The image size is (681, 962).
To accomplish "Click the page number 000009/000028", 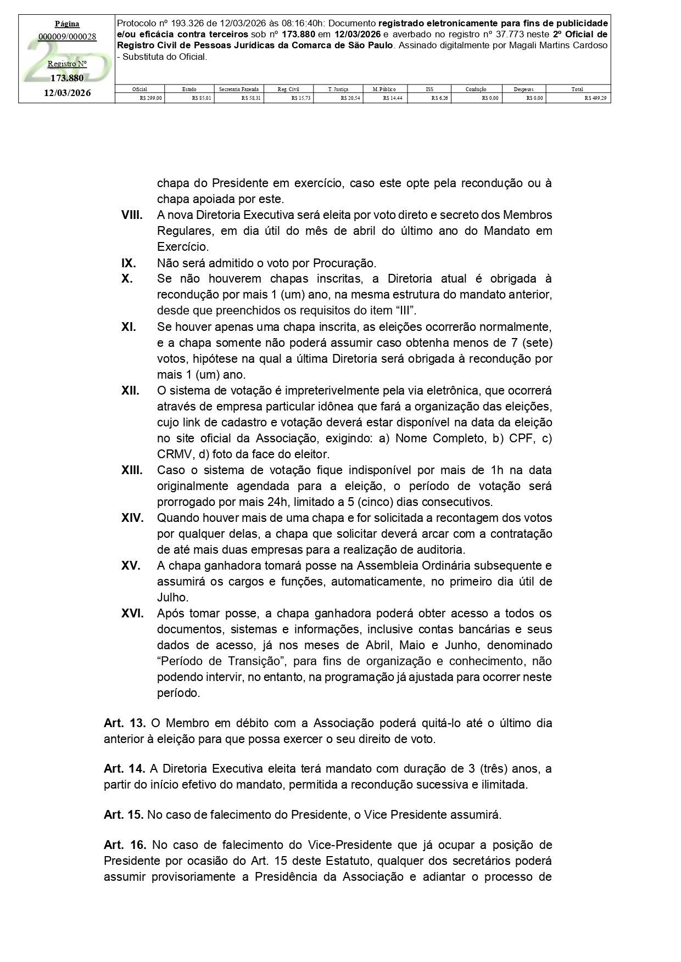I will [x=67, y=37].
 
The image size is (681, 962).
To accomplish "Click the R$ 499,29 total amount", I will [x=597, y=98].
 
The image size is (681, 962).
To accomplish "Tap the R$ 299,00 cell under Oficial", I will [x=151, y=98].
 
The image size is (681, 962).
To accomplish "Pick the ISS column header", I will [x=429, y=89].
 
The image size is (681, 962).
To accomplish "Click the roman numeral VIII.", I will [x=132, y=215].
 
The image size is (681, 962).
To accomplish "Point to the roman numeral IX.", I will [x=129, y=263].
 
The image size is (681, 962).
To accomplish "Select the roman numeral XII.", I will [x=130, y=391].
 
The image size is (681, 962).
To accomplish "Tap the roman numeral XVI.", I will [x=132, y=613].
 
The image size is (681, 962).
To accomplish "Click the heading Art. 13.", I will [x=124, y=723].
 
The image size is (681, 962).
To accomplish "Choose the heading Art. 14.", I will [x=124, y=768].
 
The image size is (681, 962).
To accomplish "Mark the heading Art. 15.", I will [x=124, y=814].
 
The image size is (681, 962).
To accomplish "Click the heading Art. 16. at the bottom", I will [x=124, y=845].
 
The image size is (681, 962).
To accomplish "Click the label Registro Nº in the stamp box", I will [x=67, y=64].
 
